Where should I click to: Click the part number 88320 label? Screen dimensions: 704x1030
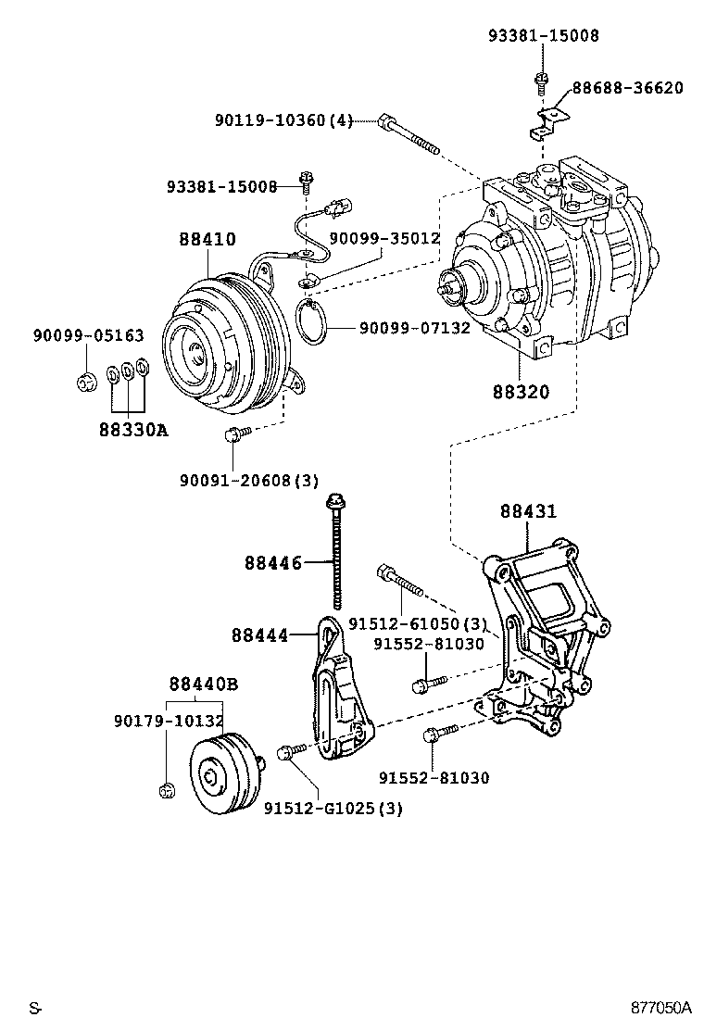(x=521, y=392)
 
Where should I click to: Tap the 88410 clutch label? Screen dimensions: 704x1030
(x=207, y=238)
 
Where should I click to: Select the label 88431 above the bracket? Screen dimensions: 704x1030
(x=528, y=510)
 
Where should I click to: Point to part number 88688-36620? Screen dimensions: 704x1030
(x=628, y=87)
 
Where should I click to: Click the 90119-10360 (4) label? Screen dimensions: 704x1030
(x=283, y=120)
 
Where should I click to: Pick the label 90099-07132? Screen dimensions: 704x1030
(x=414, y=327)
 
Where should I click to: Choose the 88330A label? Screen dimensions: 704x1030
(x=134, y=430)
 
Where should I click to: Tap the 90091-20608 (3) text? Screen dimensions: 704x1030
(x=249, y=480)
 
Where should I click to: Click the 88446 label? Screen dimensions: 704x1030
(x=273, y=563)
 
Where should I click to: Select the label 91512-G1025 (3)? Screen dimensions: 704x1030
(x=333, y=808)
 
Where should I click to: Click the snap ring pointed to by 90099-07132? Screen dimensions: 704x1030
(x=311, y=321)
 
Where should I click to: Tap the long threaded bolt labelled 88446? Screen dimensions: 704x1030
(x=336, y=552)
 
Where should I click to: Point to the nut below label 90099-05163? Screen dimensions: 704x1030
(x=84, y=381)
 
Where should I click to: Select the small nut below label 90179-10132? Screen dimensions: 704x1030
(x=168, y=789)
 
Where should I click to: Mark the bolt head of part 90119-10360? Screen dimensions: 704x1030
(x=386, y=122)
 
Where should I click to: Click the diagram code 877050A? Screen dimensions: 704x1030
(x=661, y=1007)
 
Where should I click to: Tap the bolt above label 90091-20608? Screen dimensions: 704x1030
(x=237, y=433)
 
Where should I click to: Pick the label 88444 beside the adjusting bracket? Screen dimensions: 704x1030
(x=259, y=635)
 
